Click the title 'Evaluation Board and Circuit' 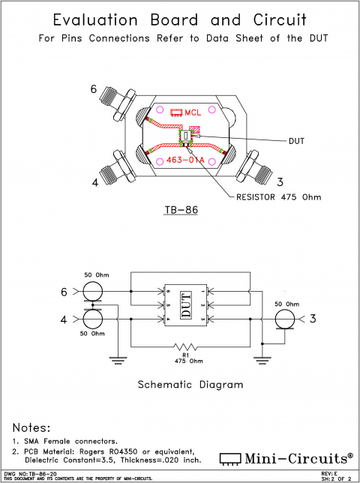tap(179, 19)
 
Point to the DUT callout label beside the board tap(297, 140)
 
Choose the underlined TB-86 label tap(180, 210)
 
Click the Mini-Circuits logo tap(286, 457)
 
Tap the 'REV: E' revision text tap(329, 474)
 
